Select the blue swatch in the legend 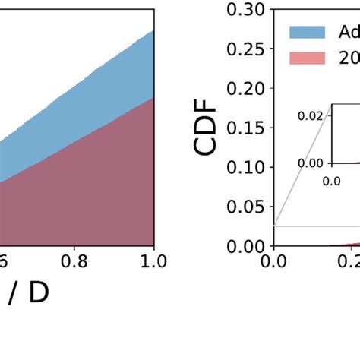point(307,32)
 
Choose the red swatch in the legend point(307,58)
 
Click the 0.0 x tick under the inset point(332,181)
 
